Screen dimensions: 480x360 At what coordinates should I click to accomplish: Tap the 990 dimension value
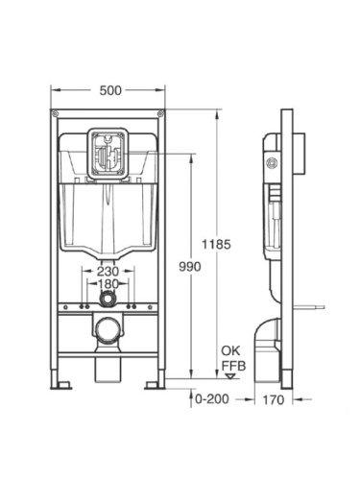click(x=190, y=268)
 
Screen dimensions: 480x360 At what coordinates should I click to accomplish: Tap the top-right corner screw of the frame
click(x=159, y=118)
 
